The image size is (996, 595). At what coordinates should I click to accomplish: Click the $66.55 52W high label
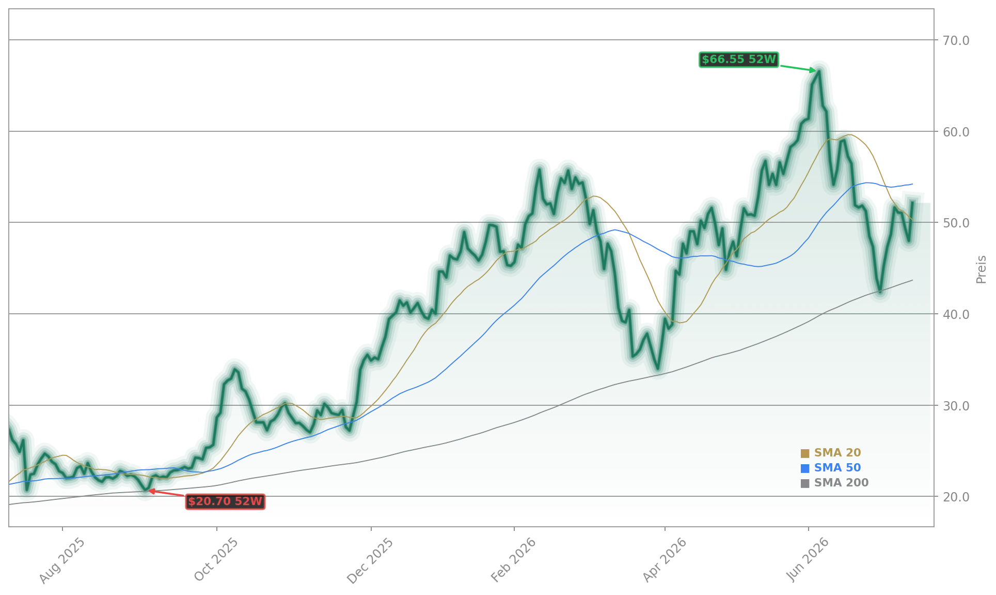pos(738,59)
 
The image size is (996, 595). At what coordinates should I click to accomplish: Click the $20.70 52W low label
pos(225,501)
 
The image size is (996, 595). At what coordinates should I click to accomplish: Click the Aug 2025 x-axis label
pos(62,561)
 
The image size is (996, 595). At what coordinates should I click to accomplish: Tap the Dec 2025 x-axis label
pos(370,561)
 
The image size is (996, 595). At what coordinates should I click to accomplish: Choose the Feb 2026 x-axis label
pos(513,560)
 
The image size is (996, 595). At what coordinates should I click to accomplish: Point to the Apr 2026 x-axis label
pos(665,560)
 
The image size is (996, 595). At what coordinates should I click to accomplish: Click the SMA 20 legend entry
pos(831,453)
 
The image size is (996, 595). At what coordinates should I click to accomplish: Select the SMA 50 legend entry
pos(831,468)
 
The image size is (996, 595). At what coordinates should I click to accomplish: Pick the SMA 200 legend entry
pos(834,483)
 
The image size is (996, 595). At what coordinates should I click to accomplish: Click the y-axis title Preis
pos(981,269)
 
